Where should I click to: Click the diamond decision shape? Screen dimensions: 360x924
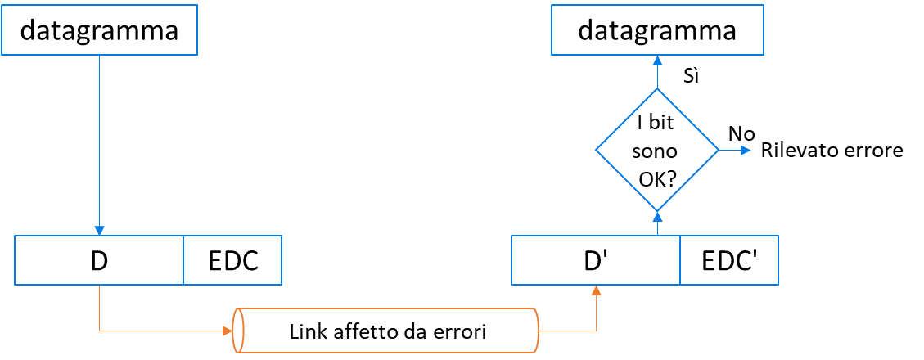657,150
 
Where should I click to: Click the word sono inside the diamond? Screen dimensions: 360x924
657,152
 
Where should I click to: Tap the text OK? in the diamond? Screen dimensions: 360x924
657,178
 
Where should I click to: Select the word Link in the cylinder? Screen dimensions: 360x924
306,333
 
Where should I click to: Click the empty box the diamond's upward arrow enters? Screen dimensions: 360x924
657,29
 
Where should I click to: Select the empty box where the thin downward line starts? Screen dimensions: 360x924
99,29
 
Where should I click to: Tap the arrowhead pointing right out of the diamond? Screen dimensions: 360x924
746,150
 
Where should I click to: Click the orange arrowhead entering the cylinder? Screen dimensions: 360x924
227,331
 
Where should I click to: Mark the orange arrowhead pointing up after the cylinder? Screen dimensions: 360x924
597,290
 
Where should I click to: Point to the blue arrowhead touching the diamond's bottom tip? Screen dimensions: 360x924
657,215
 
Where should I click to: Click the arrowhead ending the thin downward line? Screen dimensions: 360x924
99,231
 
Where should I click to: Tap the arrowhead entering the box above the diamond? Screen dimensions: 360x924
657,60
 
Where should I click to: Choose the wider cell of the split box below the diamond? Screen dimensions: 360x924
595,260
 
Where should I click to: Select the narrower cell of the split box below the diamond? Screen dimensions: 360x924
729,260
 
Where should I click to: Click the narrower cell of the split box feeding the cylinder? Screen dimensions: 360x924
232,260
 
